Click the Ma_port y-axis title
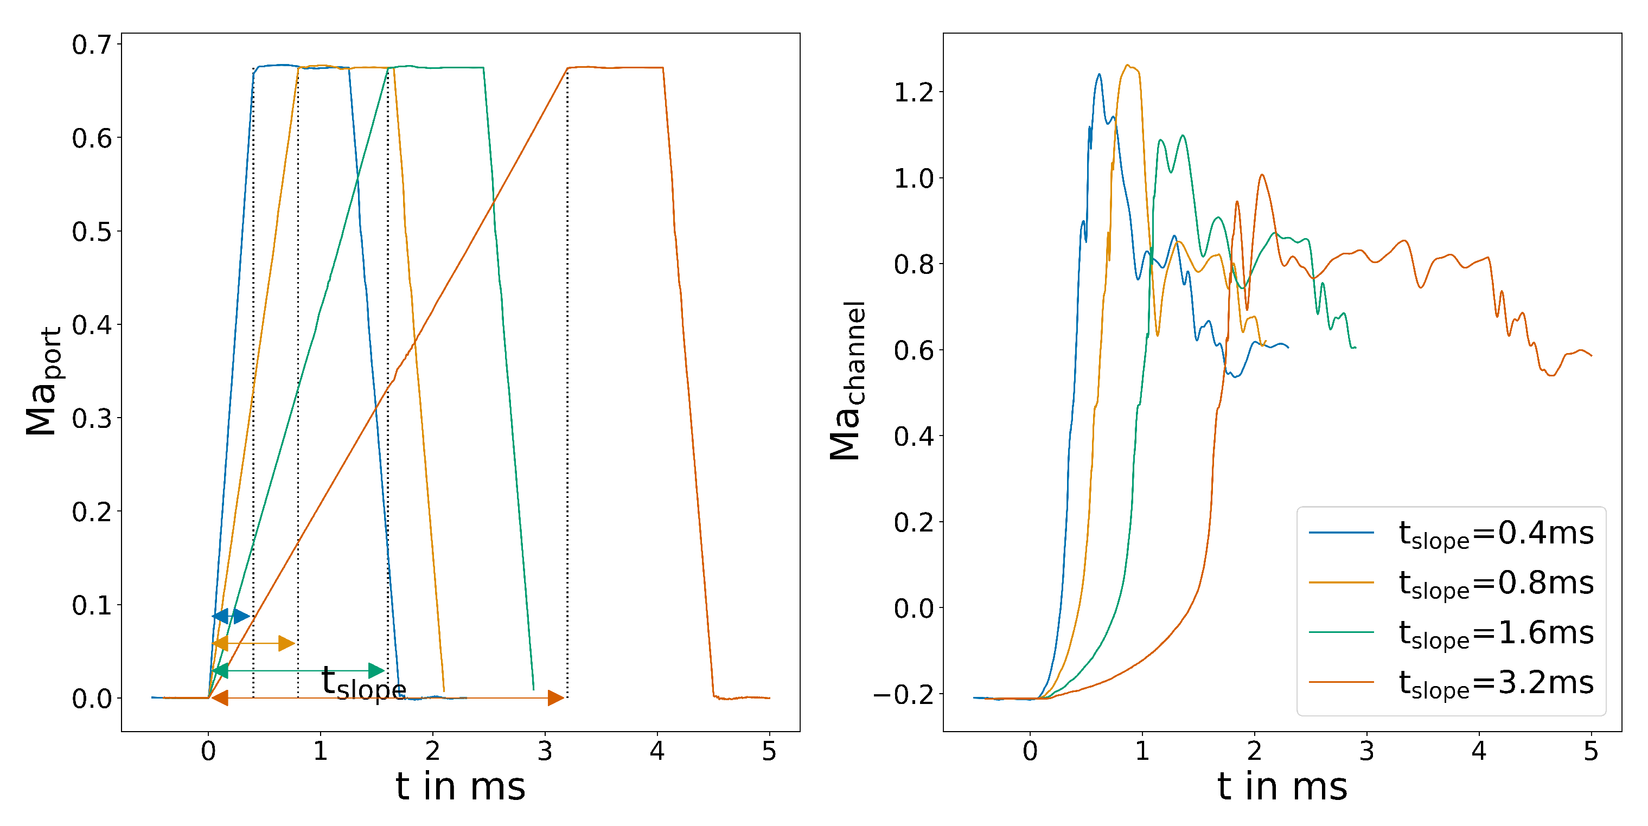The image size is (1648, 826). click(43, 381)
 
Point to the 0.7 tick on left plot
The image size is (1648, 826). click(92, 46)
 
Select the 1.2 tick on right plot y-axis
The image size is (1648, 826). click(914, 93)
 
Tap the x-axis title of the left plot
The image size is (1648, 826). click(460, 786)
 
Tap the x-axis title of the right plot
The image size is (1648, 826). click(1282, 786)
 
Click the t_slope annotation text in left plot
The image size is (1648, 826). click(363, 683)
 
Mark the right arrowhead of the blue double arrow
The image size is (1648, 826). click(242, 616)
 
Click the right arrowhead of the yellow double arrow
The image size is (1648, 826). click(288, 643)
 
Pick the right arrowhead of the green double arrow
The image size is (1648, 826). click(378, 670)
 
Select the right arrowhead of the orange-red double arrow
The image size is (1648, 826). click(557, 698)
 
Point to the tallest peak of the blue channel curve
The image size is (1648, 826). click(1099, 75)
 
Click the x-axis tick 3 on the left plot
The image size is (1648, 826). click(545, 751)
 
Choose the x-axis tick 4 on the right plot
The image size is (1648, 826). click(1478, 751)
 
